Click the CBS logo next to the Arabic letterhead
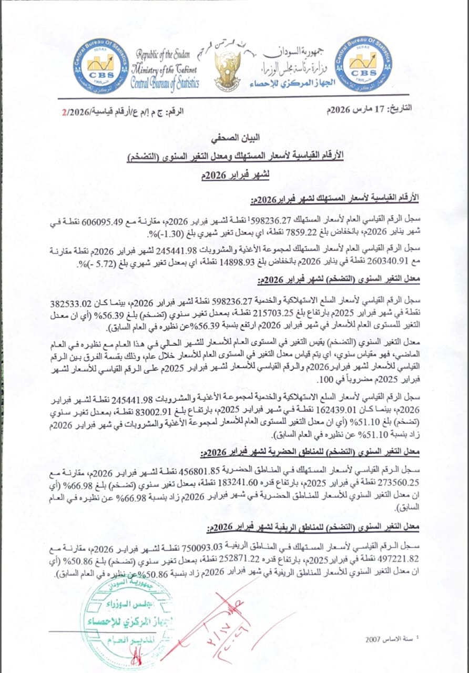363,65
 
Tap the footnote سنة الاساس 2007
390,639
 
